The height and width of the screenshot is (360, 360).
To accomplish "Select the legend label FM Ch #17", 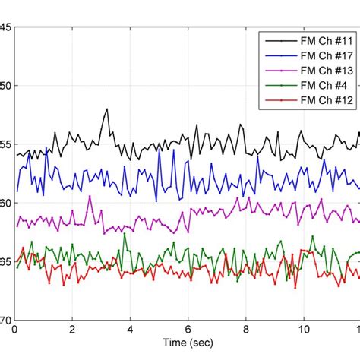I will (x=322, y=55).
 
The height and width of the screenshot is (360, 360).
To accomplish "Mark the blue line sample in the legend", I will (x=276, y=55).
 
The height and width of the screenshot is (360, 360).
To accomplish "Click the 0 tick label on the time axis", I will (x=14, y=330).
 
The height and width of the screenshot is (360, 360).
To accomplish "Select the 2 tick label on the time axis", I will (x=72, y=330).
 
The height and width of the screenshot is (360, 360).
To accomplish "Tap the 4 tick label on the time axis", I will (x=130, y=330).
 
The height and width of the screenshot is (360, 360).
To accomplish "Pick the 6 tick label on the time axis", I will (x=188, y=330).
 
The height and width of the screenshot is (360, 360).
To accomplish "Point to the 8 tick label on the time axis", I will (x=245, y=330).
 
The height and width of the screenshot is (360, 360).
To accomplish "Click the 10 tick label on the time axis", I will (x=303, y=330).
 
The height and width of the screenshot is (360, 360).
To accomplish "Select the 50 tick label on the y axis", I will (x=5, y=86).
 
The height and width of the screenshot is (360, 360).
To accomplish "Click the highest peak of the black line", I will (x=106, y=109).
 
